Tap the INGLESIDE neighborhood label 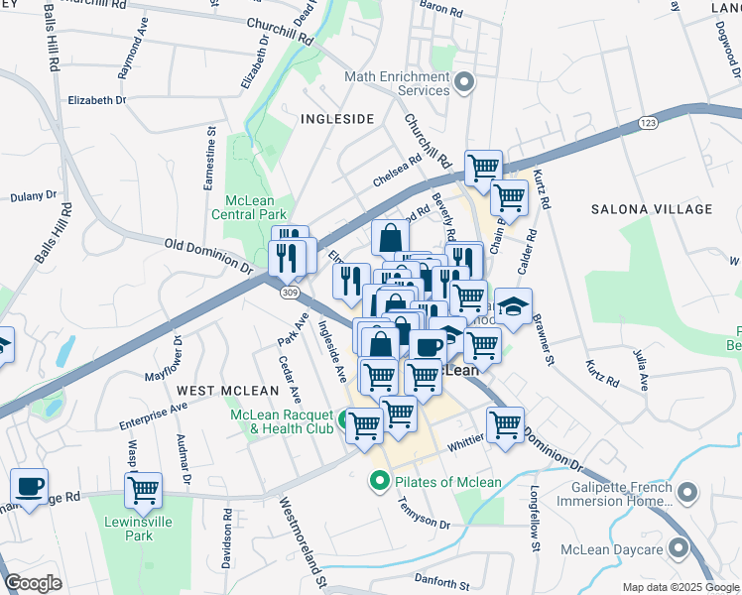(337, 119)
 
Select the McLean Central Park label (249, 206)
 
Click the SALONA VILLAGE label (646, 209)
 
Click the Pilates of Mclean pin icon (378, 483)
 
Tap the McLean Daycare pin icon (679, 548)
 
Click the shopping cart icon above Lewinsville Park (144, 489)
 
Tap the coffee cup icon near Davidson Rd (29, 487)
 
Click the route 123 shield (648, 122)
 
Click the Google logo (34, 584)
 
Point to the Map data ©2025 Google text (680, 587)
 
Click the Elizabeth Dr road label (97, 100)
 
